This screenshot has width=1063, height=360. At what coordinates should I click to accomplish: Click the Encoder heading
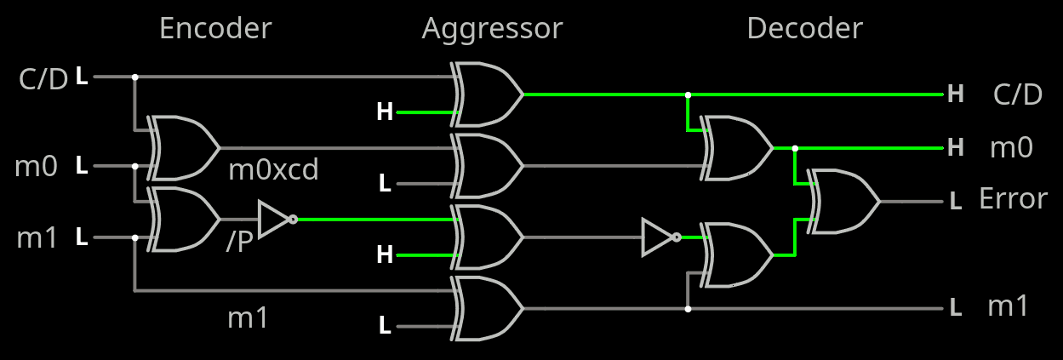215,29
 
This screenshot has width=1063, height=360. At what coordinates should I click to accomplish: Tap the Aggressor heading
492,29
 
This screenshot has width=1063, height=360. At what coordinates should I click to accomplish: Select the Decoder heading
804,29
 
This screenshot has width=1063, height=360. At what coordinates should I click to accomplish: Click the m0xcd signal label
273,170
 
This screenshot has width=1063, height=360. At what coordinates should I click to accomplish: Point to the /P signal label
240,243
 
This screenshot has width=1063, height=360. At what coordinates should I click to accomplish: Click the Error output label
1013,199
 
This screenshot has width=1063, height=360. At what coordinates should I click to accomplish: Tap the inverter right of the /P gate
277,220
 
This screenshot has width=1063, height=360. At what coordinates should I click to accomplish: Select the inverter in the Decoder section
660,237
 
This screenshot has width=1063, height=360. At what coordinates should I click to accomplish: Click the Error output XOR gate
844,202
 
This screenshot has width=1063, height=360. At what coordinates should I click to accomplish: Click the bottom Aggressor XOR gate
489,309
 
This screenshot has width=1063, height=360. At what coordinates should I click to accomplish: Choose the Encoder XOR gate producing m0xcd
184,147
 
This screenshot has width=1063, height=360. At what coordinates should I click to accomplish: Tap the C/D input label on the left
43,78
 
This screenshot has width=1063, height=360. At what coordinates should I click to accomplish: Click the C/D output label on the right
1017,94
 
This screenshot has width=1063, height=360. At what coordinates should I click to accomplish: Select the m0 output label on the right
1011,148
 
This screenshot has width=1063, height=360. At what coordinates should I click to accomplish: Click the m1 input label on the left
37,237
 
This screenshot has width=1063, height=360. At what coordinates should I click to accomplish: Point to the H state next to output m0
955,148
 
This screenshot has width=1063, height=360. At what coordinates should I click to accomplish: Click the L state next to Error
955,202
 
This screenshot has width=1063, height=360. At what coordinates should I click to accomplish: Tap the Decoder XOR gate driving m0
737,148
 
